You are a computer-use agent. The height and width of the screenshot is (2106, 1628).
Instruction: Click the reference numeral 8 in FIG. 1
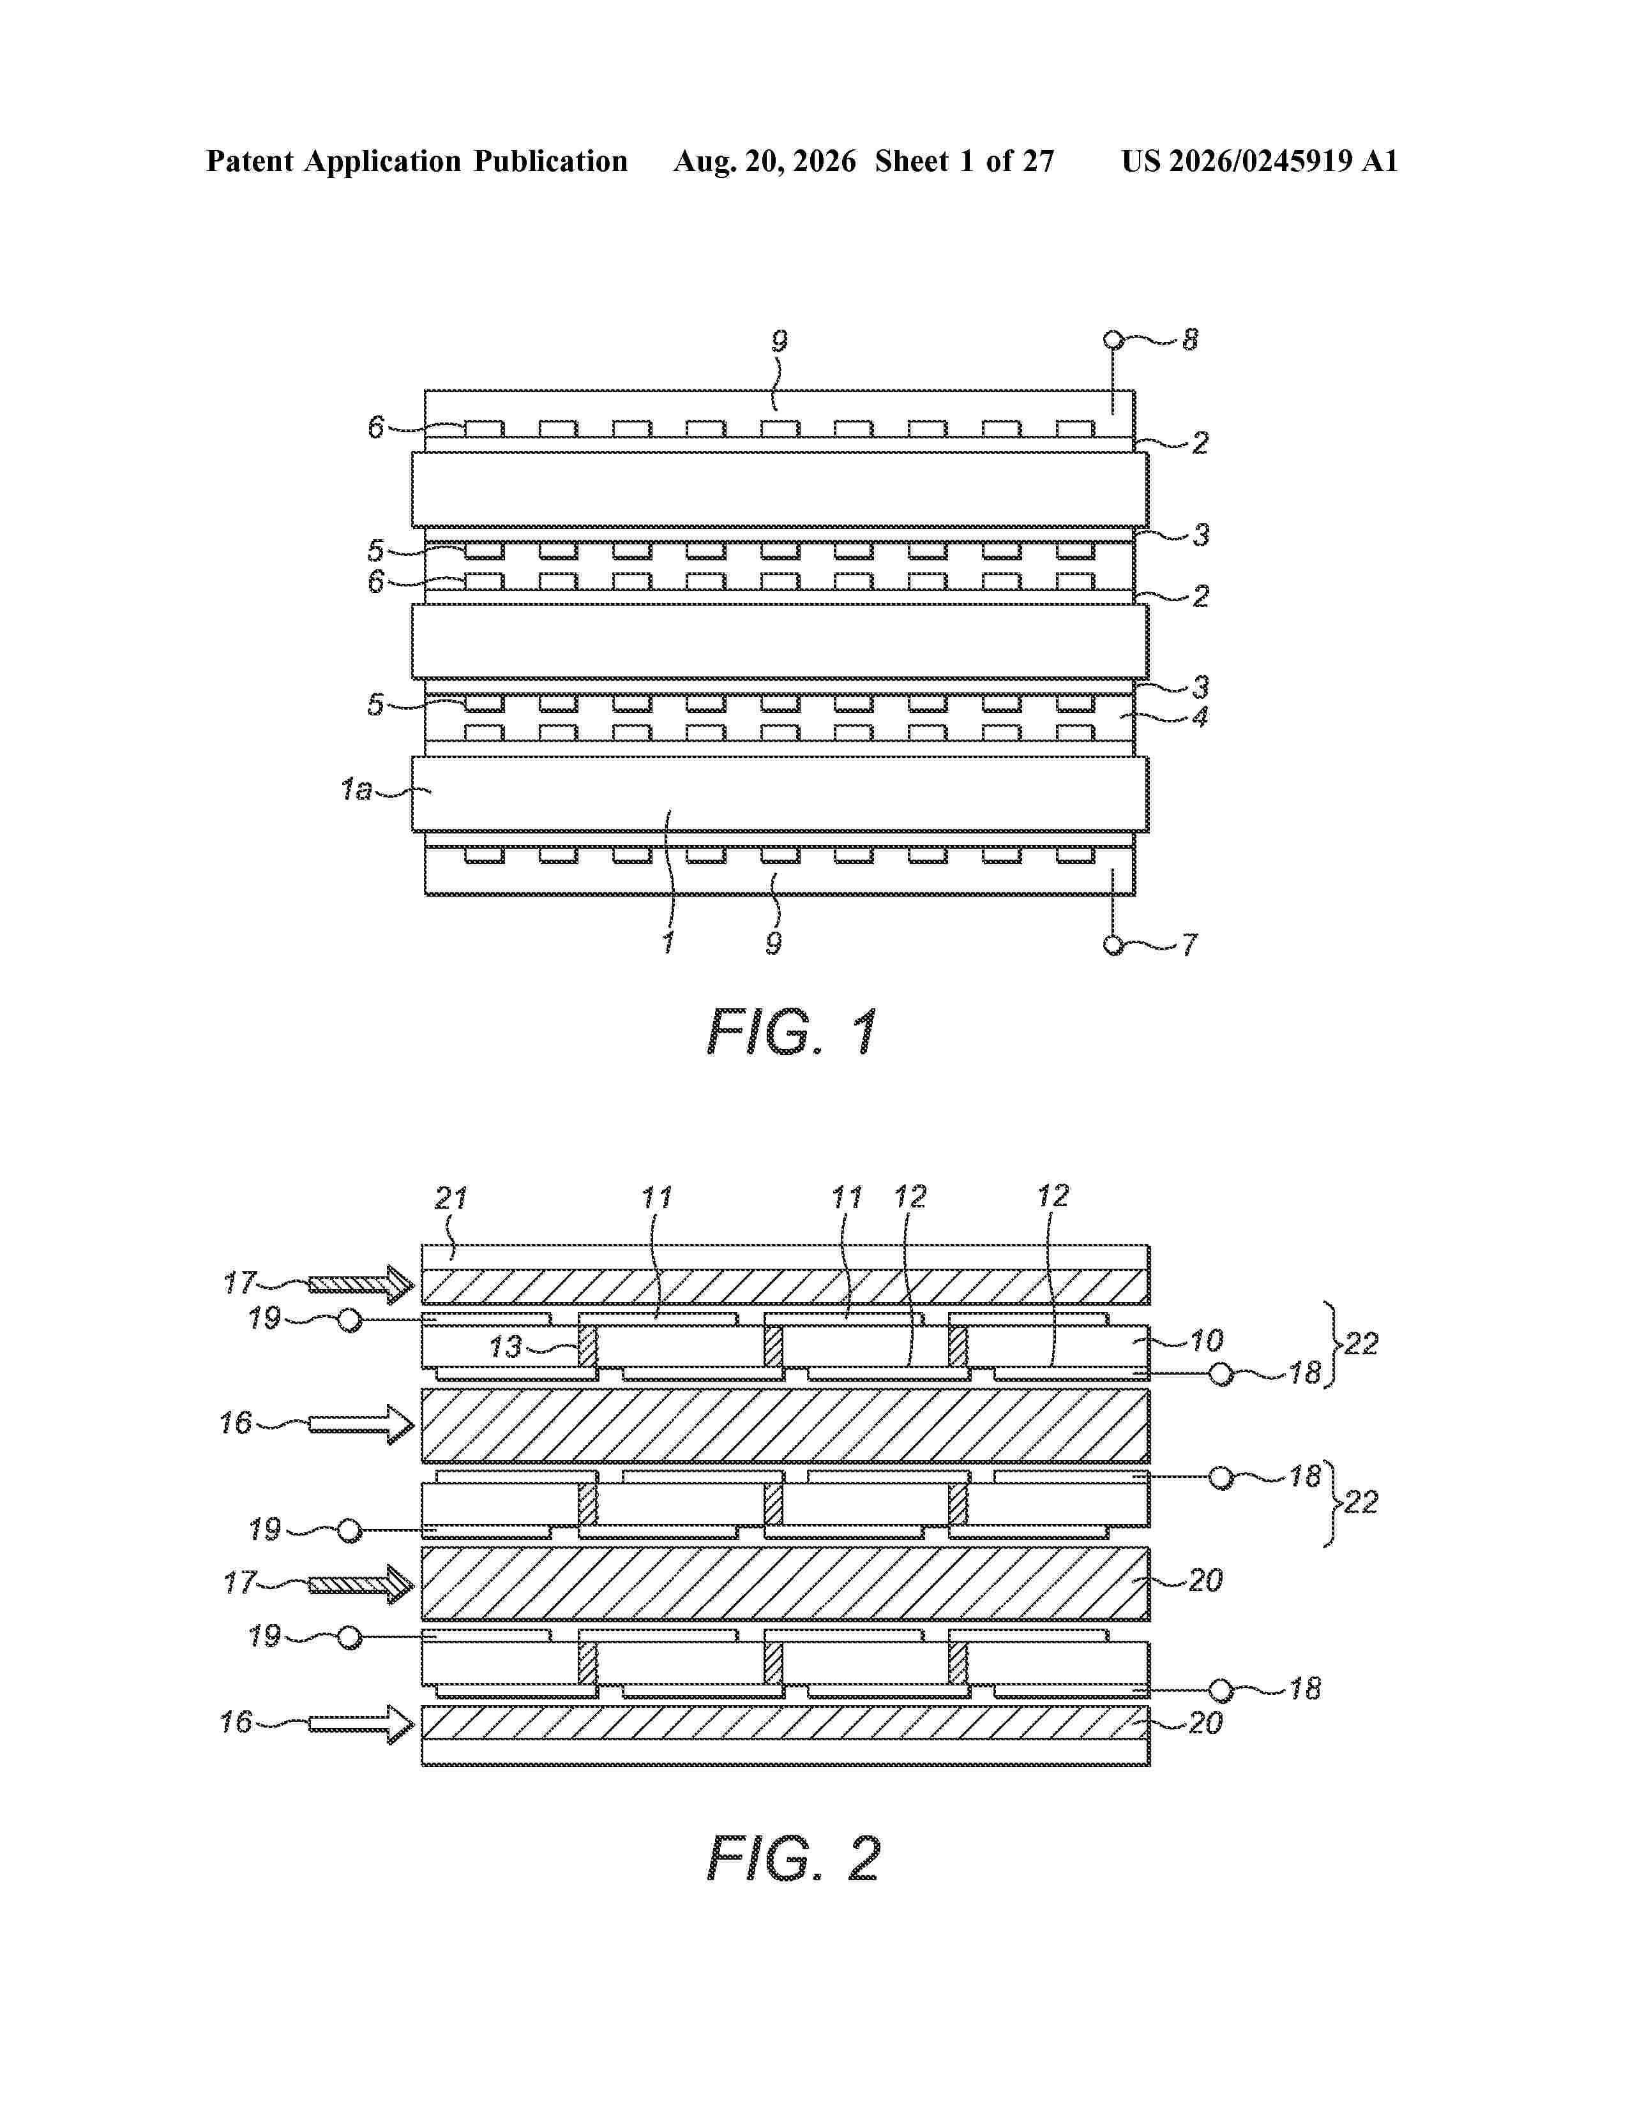(1190, 340)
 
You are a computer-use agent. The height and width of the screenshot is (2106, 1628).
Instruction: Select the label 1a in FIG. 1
(356, 790)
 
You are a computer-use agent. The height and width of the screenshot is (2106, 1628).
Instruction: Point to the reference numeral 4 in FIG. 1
(1200, 717)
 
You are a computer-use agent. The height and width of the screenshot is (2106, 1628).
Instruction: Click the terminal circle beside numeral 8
(1114, 340)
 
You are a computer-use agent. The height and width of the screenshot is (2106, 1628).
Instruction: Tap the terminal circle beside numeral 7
(1114, 945)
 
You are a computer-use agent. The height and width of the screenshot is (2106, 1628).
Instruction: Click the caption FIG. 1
(793, 1033)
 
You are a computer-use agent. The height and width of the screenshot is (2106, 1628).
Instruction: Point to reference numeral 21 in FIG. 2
(450, 1199)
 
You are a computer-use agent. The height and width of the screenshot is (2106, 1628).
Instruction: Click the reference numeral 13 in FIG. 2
(506, 1347)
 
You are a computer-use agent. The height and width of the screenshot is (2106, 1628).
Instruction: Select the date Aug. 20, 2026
(765, 161)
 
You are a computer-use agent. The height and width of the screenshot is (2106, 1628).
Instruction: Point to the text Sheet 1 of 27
(965, 161)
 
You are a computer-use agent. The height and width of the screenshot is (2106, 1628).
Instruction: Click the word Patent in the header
(251, 161)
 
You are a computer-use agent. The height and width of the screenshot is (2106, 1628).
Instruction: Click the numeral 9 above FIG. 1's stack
(780, 340)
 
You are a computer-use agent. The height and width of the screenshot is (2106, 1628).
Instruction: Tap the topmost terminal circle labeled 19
(350, 1320)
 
